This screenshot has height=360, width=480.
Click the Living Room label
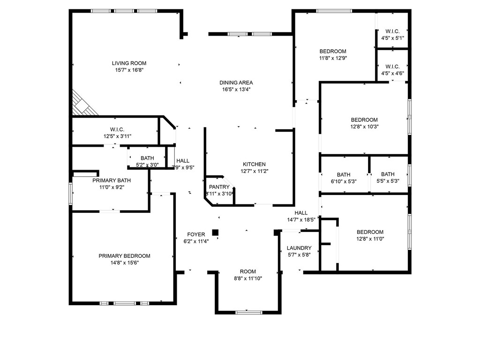click(x=129, y=63)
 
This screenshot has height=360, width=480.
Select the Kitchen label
click(x=254, y=165)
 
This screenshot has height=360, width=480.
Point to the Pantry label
click(x=219, y=187)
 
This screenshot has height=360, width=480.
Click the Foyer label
click(x=196, y=234)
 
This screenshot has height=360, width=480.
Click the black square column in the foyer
click(x=215, y=232)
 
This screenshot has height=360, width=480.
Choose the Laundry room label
click(x=299, y=248)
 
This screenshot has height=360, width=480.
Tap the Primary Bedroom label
click(x=124, y=256)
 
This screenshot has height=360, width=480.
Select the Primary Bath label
click(x=112, y=180)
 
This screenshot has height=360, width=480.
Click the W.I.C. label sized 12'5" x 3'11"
click(x=117, y=129)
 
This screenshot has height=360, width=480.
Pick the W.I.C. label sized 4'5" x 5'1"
click(x=392, y=31)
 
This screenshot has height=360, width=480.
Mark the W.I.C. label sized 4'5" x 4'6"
click(x=392, y=67)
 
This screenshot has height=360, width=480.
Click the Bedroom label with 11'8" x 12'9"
click(x=333, y=52)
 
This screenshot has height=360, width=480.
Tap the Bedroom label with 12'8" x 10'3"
click(x=364, y=120)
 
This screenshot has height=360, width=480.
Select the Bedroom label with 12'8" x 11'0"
click(x=370, y=232)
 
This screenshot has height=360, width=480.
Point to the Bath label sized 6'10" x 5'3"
click(x=344, y=174)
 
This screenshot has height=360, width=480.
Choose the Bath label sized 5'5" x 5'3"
click(x=388, y=174)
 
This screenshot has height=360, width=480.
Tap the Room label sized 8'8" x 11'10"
click(x=248, y=272)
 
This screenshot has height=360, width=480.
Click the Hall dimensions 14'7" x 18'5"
click(x=304, y=219)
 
